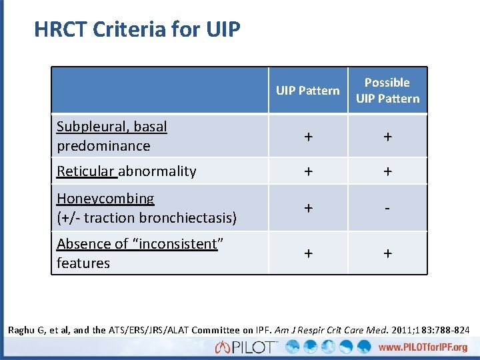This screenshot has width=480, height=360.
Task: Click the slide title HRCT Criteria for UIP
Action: (137, 29)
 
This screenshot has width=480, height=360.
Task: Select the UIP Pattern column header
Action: (307, 91)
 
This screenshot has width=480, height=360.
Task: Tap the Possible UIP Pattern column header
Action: (387, 91)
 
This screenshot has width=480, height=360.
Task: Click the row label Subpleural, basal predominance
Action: (112, 136)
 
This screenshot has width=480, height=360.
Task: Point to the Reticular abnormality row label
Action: (126, 171)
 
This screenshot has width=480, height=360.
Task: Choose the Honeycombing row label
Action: (105, 199)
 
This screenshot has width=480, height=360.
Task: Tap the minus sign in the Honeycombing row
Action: (387, 208)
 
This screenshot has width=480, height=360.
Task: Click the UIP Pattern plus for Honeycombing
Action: (307, 208)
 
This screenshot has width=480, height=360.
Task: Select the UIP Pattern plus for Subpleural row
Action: (307, 136)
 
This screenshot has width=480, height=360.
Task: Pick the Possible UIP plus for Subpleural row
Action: (387, 136)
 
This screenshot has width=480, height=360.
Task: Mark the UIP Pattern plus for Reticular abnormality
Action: (307, 171)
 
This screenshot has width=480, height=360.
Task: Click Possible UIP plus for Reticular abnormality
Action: (387, 171)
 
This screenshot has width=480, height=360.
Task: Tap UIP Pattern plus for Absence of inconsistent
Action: (307, 253)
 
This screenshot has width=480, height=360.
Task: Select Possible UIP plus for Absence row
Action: (387, 253)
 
